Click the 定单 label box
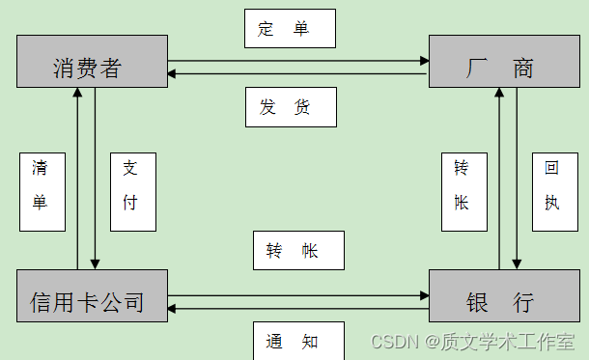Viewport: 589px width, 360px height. pyautogui.click(x=289, y=28)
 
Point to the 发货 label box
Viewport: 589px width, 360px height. pyautogui.click(x=289, y=106)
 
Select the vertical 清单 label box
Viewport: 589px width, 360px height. pyautogui.click(x=42, y=191)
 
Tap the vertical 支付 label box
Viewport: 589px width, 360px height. pyautogui.click(x=133, y=191)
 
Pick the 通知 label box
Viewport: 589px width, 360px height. pyautogui.click(x=298, y=340)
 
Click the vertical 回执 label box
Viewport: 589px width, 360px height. pyautogui.click(x=553, y=191)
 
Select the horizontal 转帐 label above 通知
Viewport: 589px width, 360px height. pyautogui.click(x=298, y=251)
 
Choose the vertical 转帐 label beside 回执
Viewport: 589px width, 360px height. pyautogui.click(x=464, y=191)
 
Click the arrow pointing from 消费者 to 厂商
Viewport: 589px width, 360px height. pyautogui.click(x=298, y=61)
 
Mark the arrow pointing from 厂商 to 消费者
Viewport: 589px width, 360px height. pyautogui.click(x=298, y=73)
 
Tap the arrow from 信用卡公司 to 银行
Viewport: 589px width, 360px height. pyautogui.click(x=298, y=295)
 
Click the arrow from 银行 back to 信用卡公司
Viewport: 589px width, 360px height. pyautogui.click(x=298, y=308)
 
